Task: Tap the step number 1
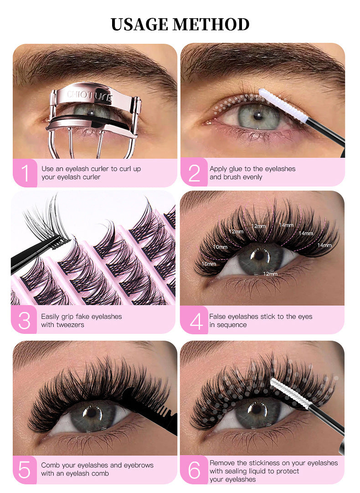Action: [25, 173]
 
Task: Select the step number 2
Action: [194, 173]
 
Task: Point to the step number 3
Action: [24, 321]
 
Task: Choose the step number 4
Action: [195, 321]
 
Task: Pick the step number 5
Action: [25, 469]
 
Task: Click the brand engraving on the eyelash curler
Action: [89, 95]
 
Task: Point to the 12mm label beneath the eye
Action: [270, 274]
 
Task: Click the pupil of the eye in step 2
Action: [258, 116]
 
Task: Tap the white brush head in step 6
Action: [288, 390]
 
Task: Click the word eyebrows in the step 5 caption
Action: [139, 465]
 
